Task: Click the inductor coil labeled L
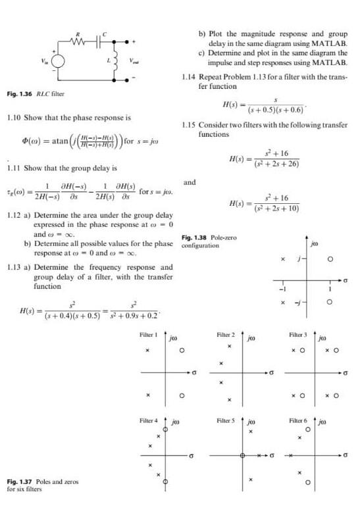119,61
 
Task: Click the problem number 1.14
188,77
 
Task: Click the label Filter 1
149,335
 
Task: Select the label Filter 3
299,335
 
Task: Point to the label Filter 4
149,420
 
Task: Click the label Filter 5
226,420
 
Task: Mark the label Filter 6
299,420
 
